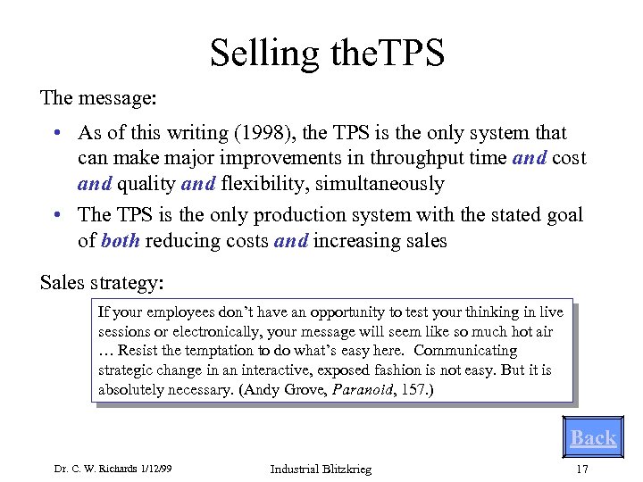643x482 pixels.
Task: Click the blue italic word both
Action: (x=121, y=241)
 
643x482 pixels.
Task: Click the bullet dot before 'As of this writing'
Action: (x=56, y=133)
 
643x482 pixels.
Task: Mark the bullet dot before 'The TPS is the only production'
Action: (x=56, y=215)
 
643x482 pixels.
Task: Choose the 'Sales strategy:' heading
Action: (x=102, y=283)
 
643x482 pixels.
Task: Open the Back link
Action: (x=593, y=437)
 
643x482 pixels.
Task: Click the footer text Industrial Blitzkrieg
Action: (x=321, y=470)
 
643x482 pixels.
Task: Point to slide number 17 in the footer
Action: (x=582, y=470)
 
